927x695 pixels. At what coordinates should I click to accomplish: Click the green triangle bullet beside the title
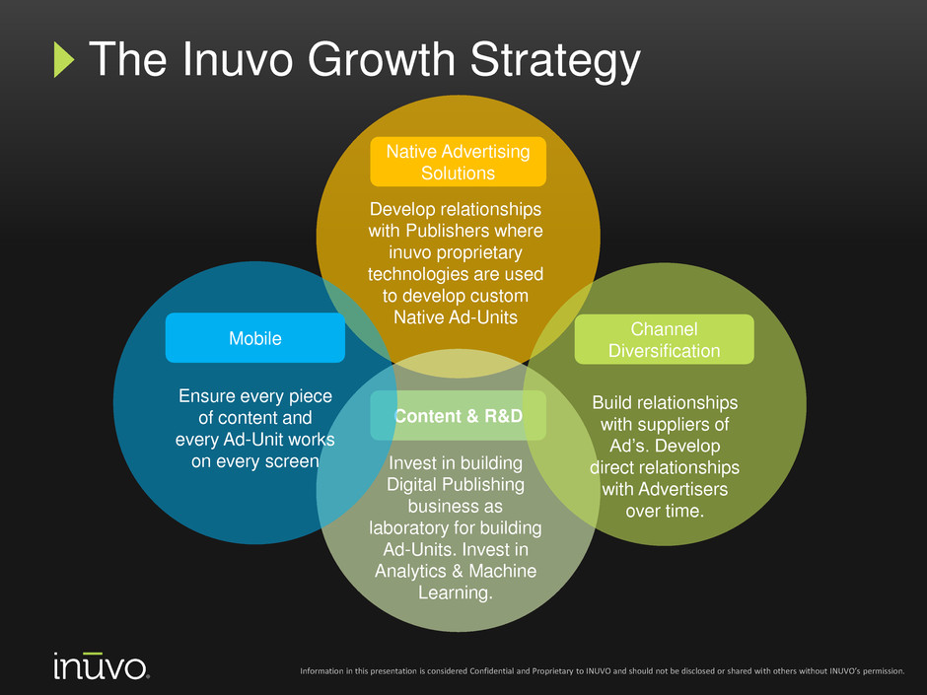click(63, 60)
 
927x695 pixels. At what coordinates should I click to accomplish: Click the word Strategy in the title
click(555, 61)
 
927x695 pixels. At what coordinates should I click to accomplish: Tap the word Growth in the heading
click(382, 59)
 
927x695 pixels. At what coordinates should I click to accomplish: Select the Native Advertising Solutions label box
click(459, 162)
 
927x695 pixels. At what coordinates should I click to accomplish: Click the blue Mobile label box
click(255, 338)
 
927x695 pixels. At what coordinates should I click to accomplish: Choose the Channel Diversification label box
click(664, 339)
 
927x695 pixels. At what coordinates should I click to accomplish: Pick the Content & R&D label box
click(459, 415)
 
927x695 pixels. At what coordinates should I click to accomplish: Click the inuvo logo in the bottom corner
click(102, 666)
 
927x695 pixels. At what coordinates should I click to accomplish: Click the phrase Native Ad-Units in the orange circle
click(456, 317)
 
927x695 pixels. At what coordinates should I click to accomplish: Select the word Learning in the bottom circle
click(456, 592)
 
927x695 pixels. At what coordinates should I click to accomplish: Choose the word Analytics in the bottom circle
click(411, 571)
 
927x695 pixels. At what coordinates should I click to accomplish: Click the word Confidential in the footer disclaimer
click(491, 670)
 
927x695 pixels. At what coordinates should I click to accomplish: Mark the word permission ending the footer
click(884, 671)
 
